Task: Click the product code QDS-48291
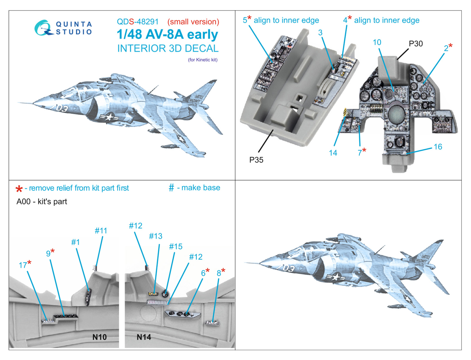point(137,22)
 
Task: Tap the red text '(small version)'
point(193,22)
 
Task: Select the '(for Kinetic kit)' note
point(203,60)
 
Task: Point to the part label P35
point(256,160)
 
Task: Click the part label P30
point(416,44)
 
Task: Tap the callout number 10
point(377,42)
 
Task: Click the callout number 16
point(438,147)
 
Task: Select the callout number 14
point(333,153)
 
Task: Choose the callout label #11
point(101,231)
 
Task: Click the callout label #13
point(155,236)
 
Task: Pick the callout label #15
point(175,246)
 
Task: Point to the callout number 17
point(23,265)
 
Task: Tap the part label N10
point(99,337)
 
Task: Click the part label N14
point(144,337)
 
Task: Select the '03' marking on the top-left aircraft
point(62,109)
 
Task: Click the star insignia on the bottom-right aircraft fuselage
point(335,277)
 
